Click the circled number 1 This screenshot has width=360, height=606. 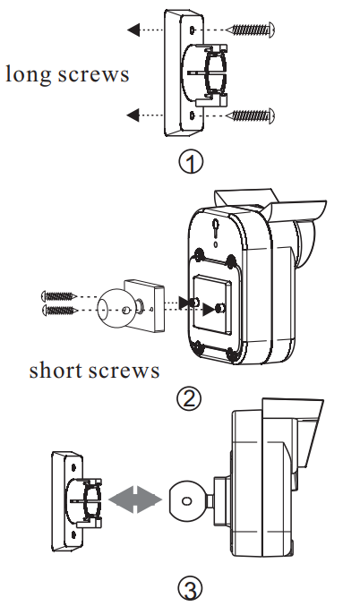(x=191, y=162)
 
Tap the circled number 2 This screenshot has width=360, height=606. (x=189, y=398)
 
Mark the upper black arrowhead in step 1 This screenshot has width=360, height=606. (x=133, y=30)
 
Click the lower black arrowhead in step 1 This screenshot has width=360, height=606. (x=133, y=114)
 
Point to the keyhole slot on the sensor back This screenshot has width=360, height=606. (x=216, y=228)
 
